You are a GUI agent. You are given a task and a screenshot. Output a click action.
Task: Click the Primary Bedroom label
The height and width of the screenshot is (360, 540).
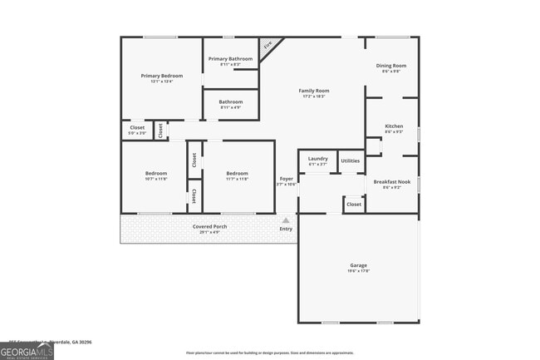click(x=161, y=76)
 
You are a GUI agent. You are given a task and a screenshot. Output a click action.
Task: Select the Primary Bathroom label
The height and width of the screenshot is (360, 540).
click(x=230, y=59)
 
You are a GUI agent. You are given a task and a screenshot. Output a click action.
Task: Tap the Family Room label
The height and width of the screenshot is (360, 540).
click(x=314, y=91)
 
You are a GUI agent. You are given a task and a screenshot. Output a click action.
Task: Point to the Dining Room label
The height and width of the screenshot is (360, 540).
click(x=391, y=66)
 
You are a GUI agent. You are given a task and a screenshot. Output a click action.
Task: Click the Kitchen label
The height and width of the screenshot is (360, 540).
click(x=394, y=126)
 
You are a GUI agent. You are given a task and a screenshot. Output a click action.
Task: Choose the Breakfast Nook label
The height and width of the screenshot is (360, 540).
click(x=391, y=181)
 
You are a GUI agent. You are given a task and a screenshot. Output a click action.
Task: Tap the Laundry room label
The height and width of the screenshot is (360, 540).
click(x=317, y=158)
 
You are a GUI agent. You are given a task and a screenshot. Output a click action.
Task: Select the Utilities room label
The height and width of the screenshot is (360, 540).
click(x=351, y=160)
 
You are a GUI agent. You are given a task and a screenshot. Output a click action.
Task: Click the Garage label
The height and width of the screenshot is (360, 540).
click(x=358, y=265)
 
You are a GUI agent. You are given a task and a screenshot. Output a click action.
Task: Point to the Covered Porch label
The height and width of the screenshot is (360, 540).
click(x=209, y=226)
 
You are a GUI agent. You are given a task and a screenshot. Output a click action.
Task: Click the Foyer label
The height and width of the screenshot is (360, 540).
click(x=286, y=179)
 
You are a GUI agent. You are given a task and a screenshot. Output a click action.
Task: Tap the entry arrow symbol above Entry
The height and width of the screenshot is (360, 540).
click(x=286, y=220)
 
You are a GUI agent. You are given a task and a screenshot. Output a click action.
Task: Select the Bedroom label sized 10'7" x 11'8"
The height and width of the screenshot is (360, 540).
click(x=156, y=174)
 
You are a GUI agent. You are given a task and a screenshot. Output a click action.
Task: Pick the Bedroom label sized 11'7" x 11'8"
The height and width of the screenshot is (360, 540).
click(x=237, y=174)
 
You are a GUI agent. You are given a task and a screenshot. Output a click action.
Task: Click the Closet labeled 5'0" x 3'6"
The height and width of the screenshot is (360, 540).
click(x=137, y=128)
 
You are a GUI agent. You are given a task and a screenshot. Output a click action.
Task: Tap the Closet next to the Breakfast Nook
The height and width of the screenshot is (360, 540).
click(x=354, y=204)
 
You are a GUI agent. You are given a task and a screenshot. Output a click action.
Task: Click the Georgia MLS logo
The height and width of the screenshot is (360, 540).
click(x=27, y=351)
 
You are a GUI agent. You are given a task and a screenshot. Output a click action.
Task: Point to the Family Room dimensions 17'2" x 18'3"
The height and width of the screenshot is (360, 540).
click(x=314, y=96)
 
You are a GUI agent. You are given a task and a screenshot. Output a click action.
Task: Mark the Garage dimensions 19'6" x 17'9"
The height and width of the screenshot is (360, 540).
click(x=358, y=271)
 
